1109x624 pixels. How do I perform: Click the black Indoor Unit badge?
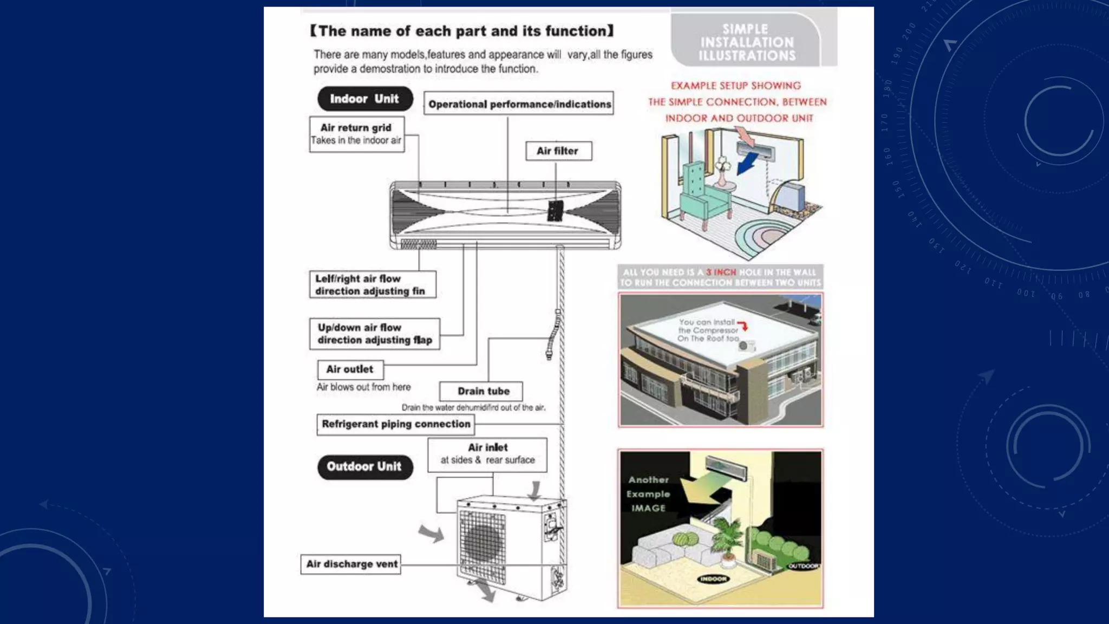[365, 99]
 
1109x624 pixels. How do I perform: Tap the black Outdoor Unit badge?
[365, 467]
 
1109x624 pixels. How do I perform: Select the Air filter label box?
[558, 151]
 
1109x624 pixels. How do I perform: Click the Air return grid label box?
[356, 134]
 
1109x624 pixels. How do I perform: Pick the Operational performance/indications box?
[519, 104]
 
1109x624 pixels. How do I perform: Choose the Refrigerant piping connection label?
[396, 424]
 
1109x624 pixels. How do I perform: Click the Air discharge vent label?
[351, 564]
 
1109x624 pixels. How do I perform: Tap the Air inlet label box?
[487, 454]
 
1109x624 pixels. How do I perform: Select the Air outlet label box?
[350, 369]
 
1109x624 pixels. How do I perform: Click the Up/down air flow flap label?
[374, 334]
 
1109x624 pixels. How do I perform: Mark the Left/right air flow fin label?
[372, 285]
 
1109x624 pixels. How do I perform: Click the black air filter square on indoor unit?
[555, 211]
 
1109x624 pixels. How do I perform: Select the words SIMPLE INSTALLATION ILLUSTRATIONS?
[746, 42]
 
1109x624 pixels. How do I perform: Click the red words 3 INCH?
[721, 272]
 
